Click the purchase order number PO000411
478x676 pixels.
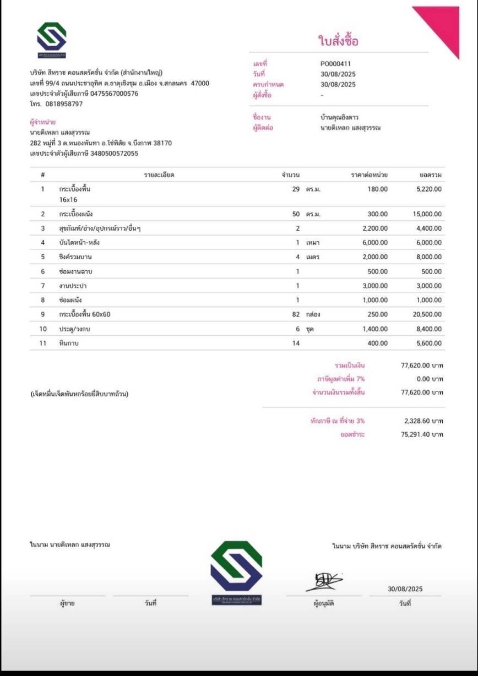coord(335,64)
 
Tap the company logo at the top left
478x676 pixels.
coord(52,39)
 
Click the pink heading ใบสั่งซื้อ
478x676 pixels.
coord(338,40)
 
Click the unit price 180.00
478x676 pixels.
coord(377,189)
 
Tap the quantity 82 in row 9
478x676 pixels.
coord(296,314)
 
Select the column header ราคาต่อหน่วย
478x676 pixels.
coord(369,175)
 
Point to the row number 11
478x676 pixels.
coord(43,343)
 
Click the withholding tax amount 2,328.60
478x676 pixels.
coord(423,421)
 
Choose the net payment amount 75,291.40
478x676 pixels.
coord(422,434)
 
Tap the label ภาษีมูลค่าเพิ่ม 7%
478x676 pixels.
coord(341,379)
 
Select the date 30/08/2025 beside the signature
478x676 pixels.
coord(405,589)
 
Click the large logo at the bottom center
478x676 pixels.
coord(236,573)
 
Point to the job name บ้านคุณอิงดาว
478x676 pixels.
coord(339,117)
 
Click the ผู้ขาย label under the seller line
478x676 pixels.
coord(67,603)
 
